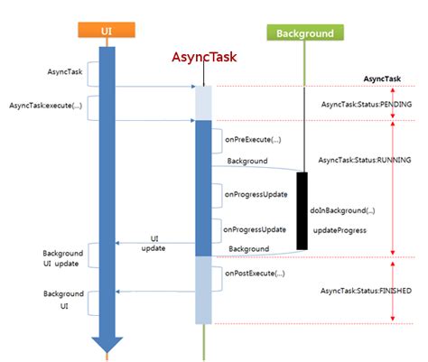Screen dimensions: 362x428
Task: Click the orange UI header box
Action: pos(107,33)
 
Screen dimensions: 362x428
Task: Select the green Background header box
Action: pos(305,33)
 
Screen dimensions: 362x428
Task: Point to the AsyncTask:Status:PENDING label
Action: pos(367,105)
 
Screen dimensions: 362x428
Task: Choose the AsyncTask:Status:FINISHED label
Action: pos(367,291)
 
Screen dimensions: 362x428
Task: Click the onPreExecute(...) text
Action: pos(252,140)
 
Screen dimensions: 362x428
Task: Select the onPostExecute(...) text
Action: pos(254,273)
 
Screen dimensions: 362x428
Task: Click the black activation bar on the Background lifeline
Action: pos(302,209)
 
